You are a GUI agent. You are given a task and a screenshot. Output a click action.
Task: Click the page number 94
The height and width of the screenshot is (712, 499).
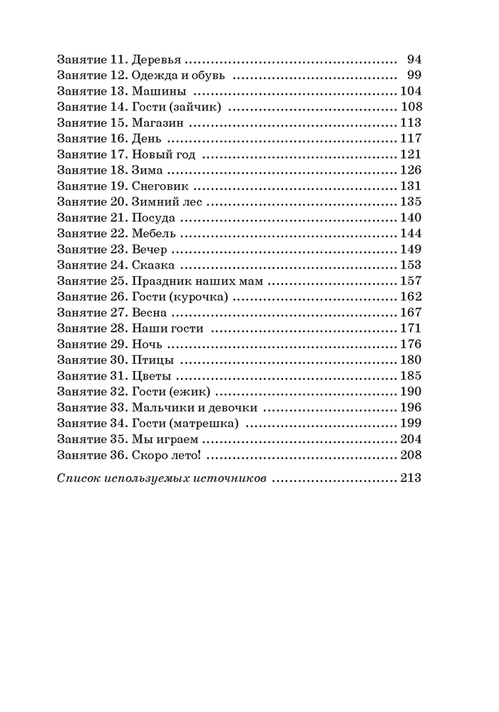(414, 59)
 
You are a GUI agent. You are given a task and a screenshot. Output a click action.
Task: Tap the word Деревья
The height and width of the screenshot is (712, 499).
(158, 59)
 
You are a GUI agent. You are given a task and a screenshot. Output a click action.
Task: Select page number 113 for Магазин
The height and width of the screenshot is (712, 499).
(411, 122)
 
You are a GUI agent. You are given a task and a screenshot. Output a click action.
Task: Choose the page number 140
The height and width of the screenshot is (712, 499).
(411, 217)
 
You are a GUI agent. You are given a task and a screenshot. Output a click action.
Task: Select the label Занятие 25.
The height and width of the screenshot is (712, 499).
(91, 281)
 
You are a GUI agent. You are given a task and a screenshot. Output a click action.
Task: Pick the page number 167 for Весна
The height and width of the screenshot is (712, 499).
(411, 313)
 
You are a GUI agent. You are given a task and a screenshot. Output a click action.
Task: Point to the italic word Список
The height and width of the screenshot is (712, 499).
(76, 479)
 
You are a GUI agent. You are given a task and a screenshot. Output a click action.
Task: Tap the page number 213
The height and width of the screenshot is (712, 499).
(411, 479)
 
